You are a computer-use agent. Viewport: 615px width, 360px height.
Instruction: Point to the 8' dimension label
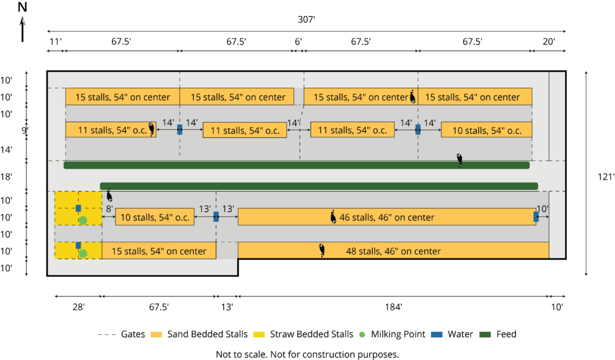(109, 209)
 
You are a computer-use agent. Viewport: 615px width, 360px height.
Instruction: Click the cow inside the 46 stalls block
(333, 217)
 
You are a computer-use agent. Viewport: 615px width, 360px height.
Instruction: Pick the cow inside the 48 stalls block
(323, 250)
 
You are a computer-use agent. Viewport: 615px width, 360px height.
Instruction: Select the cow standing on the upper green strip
(459, 160)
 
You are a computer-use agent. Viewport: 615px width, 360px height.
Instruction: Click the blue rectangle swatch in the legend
(437, 334)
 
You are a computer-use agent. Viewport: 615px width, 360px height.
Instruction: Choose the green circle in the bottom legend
(362, 334)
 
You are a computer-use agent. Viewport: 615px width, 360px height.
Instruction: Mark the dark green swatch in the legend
(485, 334)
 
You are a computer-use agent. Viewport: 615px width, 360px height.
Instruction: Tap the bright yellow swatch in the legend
(259, 334)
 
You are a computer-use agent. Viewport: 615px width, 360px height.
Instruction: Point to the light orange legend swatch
(156, 334)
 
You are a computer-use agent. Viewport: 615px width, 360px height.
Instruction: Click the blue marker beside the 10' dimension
(536, 217)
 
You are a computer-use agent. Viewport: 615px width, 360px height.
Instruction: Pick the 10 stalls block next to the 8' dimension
(155, 217)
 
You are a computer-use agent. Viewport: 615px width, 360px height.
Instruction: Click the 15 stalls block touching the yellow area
(159, 251)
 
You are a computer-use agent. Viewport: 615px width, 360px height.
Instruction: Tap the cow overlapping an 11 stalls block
(152, 129)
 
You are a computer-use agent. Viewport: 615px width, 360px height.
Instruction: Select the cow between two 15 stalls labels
(413, 96)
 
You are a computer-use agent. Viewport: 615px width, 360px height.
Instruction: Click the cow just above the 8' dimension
(109, 195)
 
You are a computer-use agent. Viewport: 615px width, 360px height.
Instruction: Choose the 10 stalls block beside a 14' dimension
(486, 130)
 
